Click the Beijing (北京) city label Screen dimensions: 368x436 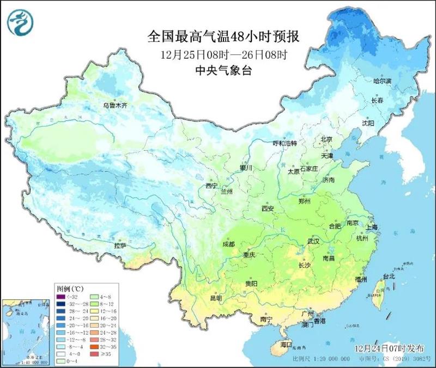pyautogui.click(x=326, y=139)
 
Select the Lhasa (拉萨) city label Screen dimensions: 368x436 pyautogui.click(x=120, y=246)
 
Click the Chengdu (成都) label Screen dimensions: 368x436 pyautogui.click(x=229, y=244)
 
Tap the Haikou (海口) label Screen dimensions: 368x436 pyautogui.click(x=286, y=346)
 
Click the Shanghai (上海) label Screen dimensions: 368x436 pyautogui.click(x=373, y=228)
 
